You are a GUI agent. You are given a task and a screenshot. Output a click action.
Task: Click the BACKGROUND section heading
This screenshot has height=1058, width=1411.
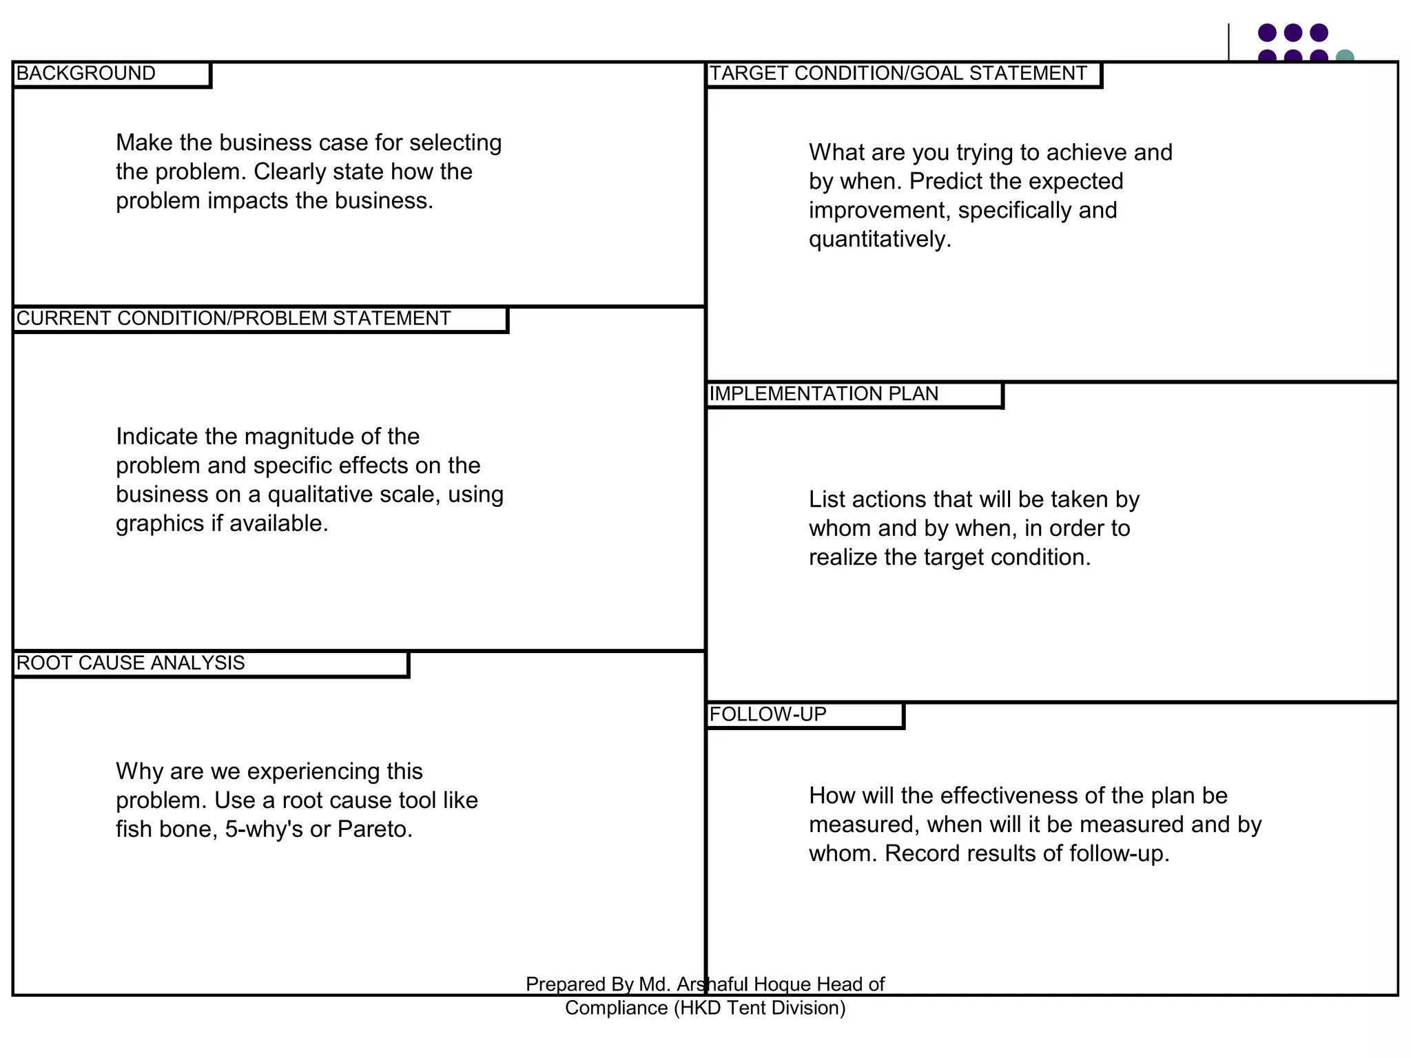point(86,74)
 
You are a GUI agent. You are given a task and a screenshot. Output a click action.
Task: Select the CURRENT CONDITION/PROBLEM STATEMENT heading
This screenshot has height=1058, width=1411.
point(234,319)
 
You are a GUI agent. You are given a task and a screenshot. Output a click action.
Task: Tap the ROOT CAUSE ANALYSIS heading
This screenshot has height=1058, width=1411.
point(131,663)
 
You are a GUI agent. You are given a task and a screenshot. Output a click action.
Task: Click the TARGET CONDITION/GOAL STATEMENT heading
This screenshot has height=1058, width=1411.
point(898,74)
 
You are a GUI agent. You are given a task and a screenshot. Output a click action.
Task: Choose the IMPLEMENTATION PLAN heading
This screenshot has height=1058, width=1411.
point(824,394)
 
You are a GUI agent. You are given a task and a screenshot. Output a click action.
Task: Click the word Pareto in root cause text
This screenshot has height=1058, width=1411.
point(375,829)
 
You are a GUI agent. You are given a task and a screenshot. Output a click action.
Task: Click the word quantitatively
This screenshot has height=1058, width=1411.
point(880,240)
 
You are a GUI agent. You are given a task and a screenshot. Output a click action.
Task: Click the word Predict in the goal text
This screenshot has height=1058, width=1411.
point(943,182)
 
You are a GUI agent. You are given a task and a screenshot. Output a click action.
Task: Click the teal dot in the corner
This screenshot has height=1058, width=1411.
point(1344,56)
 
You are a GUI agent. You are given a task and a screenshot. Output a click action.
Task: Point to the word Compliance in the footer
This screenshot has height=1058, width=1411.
point(616,1008)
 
